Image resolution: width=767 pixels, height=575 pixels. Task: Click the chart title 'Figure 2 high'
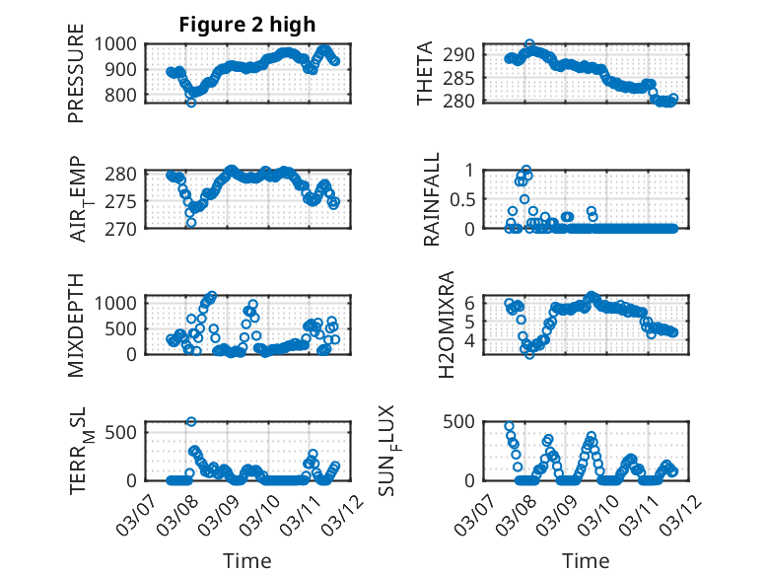[246, 25]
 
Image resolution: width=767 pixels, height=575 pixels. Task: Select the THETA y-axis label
[425, 74]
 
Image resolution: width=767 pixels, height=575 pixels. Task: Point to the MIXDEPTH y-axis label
[76, 325]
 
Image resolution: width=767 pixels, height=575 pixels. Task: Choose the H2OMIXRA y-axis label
[446, 323]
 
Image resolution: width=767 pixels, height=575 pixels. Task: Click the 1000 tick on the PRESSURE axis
[116, 44]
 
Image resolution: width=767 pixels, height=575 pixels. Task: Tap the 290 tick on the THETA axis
[462, 54]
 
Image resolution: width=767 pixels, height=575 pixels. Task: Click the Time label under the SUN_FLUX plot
[586, 561]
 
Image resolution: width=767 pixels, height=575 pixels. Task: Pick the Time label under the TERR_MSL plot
[246, 561]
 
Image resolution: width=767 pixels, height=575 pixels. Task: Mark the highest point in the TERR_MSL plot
[190, 421]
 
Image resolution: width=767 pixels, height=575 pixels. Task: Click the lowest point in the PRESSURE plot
[191, 102]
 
